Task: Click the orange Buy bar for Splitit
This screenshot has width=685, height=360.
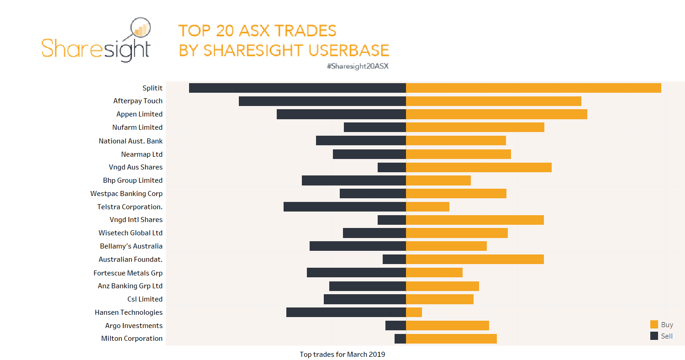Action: click(533, 88)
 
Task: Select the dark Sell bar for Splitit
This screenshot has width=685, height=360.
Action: click(297, 88)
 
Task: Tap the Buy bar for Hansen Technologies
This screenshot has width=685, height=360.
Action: click(414, 312)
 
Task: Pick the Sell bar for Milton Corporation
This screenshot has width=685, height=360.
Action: click(400, 339)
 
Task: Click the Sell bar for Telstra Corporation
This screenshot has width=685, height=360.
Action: click(344, 206)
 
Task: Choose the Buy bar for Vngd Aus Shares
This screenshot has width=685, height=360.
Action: click(479, 167)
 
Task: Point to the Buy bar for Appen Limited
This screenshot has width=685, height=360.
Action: click(496, 114)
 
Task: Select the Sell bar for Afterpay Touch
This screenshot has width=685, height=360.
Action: click(322, 101)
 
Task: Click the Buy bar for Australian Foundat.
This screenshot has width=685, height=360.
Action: click(474, 259)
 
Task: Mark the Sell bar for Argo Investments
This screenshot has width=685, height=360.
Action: click(395, 325)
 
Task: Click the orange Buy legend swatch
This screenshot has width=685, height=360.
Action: click(654, 325)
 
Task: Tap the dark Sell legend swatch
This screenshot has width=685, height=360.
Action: click(654, 336)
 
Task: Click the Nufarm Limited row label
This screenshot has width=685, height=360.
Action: click(137, 127)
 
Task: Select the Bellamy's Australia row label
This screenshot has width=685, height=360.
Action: click(131, 246)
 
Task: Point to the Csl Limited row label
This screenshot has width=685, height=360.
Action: click(145, 299)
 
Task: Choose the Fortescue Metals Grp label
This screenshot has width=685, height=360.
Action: click(128, 273)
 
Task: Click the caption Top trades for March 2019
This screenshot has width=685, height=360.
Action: click(342, 355)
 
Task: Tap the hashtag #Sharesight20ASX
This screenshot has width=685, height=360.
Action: click(357, 66)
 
